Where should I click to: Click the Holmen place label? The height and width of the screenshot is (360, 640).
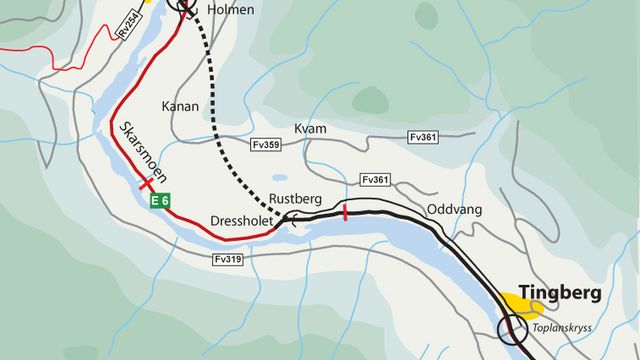(231, 10)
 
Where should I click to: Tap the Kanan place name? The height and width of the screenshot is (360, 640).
(180, 106)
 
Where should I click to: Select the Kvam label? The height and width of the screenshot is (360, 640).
(310, 129)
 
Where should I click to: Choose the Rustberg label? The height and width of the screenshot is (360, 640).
(294, 197)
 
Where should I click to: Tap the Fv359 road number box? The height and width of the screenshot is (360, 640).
(265, 146)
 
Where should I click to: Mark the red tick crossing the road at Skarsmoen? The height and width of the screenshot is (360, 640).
(146, 184)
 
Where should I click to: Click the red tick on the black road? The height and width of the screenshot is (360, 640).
(345, 212)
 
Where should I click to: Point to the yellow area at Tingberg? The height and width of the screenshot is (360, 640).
(520, 302)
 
